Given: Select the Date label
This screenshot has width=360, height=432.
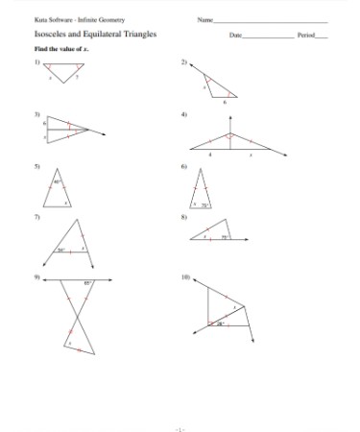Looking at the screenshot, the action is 235,36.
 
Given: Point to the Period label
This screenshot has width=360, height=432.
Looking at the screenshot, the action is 305,36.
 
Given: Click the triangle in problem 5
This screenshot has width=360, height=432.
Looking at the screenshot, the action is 61,192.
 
